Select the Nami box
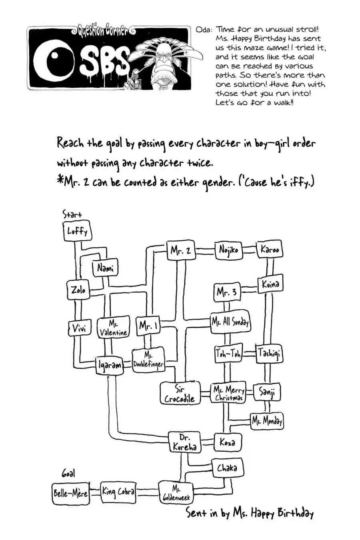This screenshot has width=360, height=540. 105,268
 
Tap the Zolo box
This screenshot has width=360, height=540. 78,290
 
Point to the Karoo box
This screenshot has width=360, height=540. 270,250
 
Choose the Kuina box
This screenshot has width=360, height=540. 270,284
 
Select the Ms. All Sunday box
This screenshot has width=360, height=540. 230,322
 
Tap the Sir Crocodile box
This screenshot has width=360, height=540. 180,394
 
